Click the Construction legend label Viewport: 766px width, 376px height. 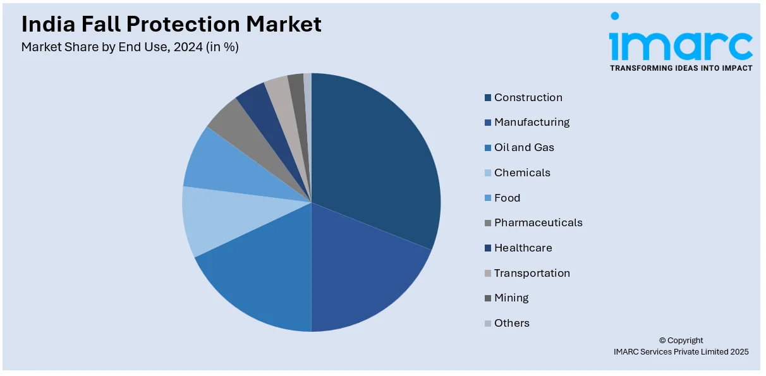(x=528, y=97)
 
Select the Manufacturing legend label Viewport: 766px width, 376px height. (x=532, y=122)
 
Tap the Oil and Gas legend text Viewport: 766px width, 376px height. (x=524, y=147)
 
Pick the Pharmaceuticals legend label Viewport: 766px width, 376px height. (x=538, y=222)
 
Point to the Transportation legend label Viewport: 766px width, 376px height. (x=532, y=273)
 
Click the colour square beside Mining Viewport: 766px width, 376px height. (x=488, y=298)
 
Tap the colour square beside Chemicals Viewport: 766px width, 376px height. (x=488, y=173)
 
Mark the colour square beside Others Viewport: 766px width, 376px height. (x=488, y=324)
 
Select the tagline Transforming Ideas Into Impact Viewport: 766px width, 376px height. (x=681, y=68)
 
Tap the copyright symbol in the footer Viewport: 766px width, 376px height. (x=663, y=340)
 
